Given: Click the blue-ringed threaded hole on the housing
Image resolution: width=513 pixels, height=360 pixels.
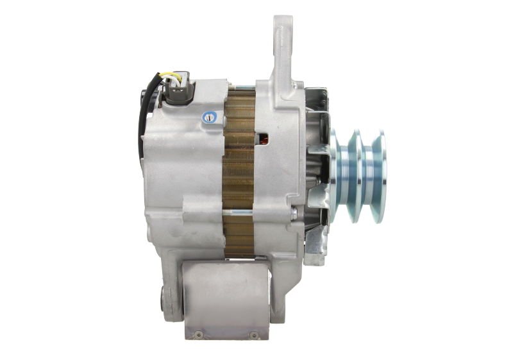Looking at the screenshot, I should click(x=210, y=117).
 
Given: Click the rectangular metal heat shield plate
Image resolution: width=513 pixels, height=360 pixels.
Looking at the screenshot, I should click(x=224, y=298).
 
